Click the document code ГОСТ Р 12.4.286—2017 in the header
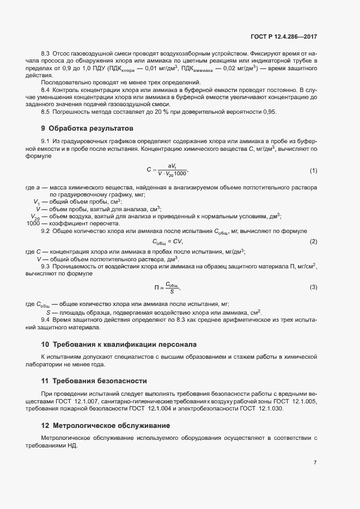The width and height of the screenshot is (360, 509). pyautogui.click(x=283, y=36)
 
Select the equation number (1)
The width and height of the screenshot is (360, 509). pyautogui.click(x=313, y=171)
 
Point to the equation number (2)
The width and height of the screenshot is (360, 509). pyautogui.click(x=313, y=241)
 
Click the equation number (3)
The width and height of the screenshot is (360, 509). pyautogui.click(x=313, y=287)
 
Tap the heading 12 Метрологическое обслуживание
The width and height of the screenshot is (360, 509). pyautogui.click(x=106, y=424)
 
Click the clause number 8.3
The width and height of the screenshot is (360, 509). pyautogui.click(x=46, y=53)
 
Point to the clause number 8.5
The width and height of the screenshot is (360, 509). pyautogui.click(x=46, y=112)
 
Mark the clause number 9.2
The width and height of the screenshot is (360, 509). pyautogui.click(x=46, y=231)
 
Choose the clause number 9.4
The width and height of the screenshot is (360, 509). pyautogui.click(x=46, y=320)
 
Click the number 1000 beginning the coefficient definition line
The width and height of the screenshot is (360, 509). pyautogui.click(x=33, y=223)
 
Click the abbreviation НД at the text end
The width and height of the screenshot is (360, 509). pyautogui.click(x=72, y=445)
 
